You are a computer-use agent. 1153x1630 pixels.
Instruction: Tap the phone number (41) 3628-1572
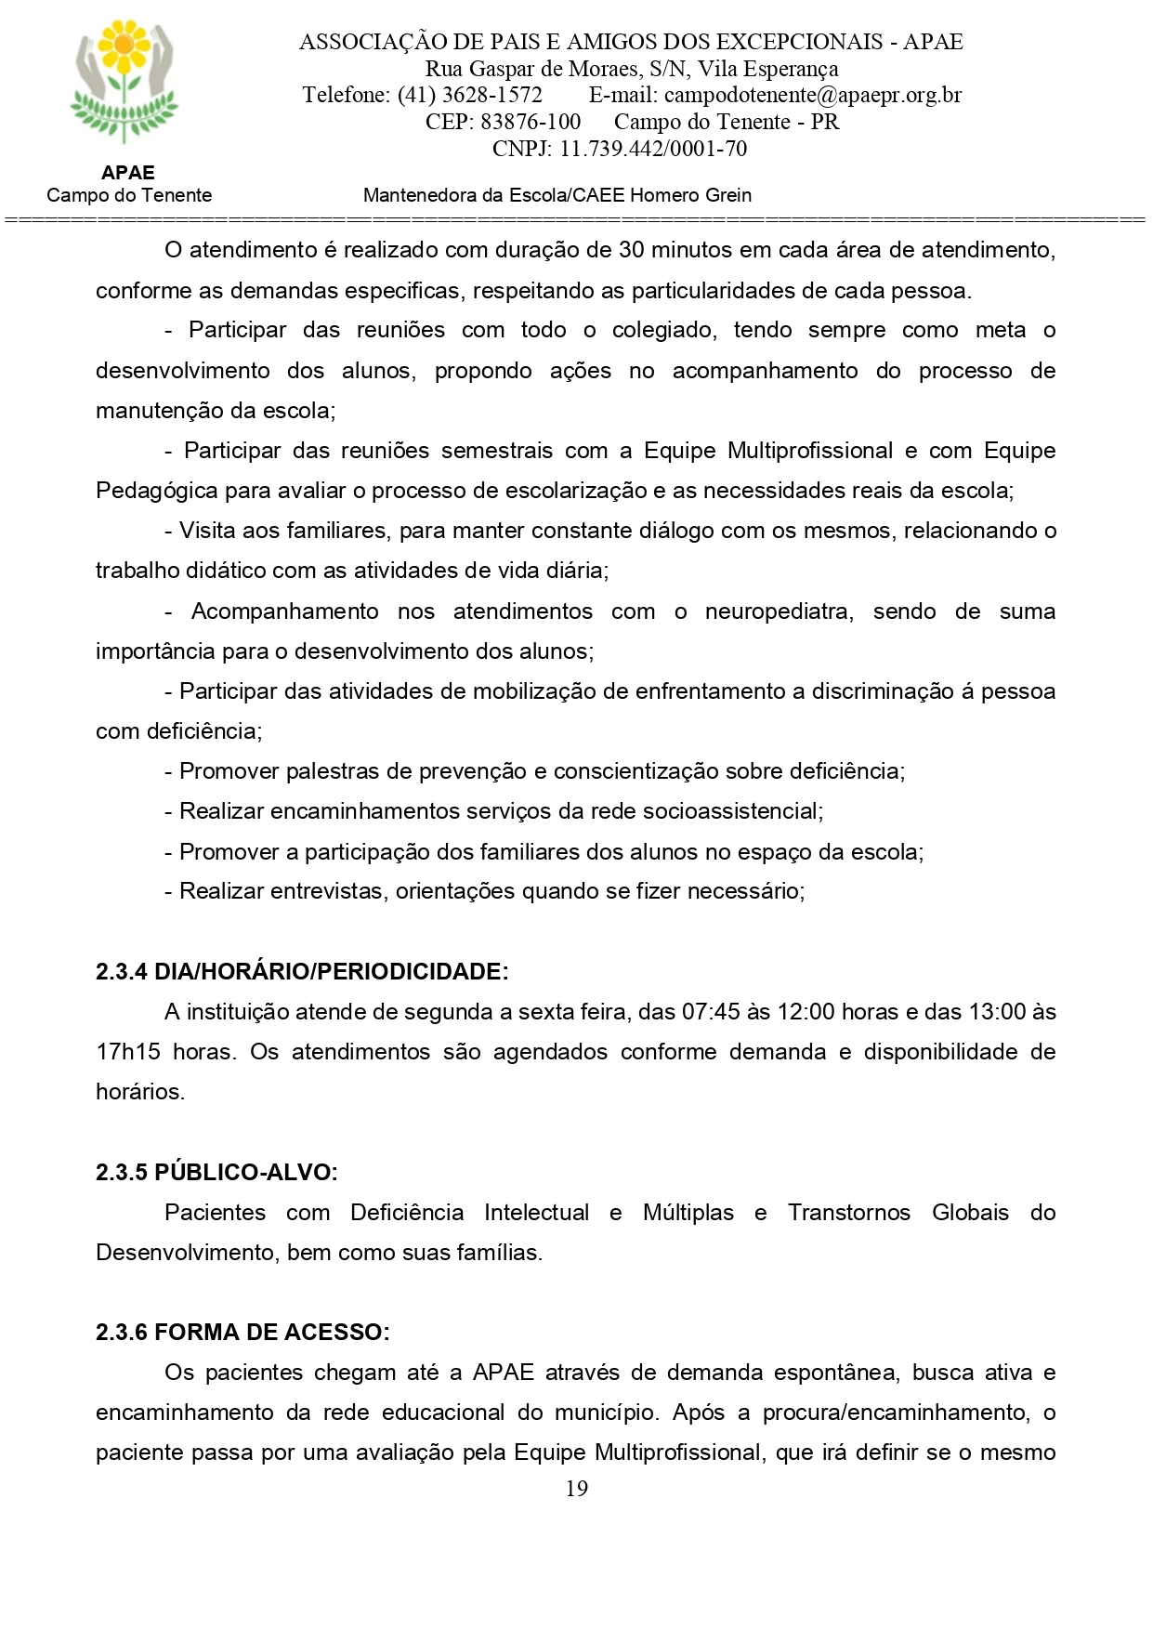470,95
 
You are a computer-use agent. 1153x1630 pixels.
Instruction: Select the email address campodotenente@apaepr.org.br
813,95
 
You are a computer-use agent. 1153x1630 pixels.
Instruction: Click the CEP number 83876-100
531,122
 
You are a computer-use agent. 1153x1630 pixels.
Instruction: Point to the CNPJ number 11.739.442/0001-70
653,149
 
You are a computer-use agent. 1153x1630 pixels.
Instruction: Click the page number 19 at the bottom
576,1488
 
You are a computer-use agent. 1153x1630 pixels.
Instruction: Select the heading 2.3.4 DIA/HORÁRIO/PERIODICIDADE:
302,971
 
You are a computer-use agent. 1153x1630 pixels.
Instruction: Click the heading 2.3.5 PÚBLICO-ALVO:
216,1172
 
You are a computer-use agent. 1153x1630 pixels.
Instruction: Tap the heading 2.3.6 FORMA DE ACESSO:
242,1332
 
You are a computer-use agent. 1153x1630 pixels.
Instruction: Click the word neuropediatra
779,611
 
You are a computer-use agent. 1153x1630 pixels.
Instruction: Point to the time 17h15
127,1051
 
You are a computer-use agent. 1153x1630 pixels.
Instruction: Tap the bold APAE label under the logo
128,173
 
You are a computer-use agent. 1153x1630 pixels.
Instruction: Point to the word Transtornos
848,1212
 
